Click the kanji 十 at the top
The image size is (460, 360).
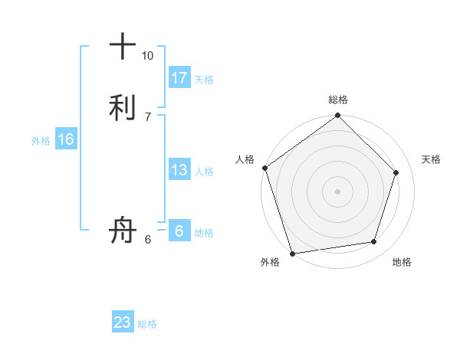point(123,47)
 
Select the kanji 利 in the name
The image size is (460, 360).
point(123,106)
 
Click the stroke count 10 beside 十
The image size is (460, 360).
point(147,56)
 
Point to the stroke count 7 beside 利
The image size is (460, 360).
point(147,116)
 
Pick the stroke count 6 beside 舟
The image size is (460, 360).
point(147,240)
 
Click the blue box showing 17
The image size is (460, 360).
point(179,78)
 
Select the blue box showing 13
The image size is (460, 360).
point(179,170)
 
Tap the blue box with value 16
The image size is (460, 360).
point(66,139)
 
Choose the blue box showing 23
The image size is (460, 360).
point(123,322)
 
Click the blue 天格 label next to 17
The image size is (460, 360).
point(204,80)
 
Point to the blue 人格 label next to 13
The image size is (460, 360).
point(204,172)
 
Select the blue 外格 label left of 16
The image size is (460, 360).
point(41,141)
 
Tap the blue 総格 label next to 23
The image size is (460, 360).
point(147,324)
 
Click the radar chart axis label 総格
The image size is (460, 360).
point(338,100)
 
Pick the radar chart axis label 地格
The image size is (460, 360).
point(402,263)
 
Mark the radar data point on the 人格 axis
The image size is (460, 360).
point(265,168)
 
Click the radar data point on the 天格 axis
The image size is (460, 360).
point(396,172)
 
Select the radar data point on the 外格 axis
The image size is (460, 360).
point(292,253)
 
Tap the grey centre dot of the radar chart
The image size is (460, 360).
point(337,191)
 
